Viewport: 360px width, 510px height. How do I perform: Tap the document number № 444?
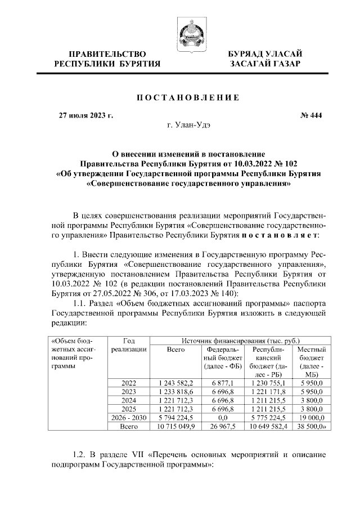310,117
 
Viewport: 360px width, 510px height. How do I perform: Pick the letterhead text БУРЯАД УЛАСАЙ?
265,54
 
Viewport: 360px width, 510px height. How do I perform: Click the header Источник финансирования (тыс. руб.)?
240,341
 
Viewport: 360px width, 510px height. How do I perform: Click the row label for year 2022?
128,383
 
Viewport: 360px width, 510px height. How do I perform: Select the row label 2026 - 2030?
128,418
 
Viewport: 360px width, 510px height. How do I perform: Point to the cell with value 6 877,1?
223,383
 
